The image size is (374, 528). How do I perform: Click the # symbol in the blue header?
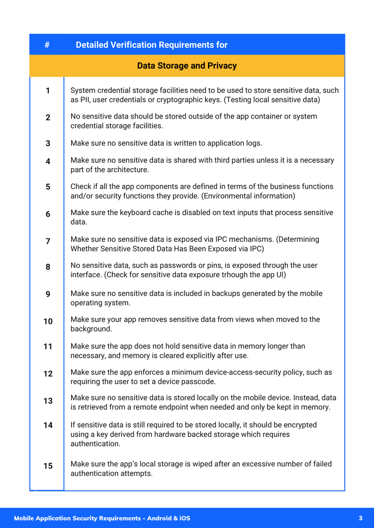coord(47,45)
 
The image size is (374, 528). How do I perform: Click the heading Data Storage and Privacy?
coord(187,66)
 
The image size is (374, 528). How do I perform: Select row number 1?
coord(48,91)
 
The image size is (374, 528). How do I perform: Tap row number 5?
coord(48,187)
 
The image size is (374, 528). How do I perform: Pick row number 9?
coord(48,294)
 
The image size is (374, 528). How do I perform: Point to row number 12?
coord(48,373)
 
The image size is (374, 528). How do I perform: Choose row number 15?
coord(48,466)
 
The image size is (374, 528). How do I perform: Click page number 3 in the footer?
coord(360,518)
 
